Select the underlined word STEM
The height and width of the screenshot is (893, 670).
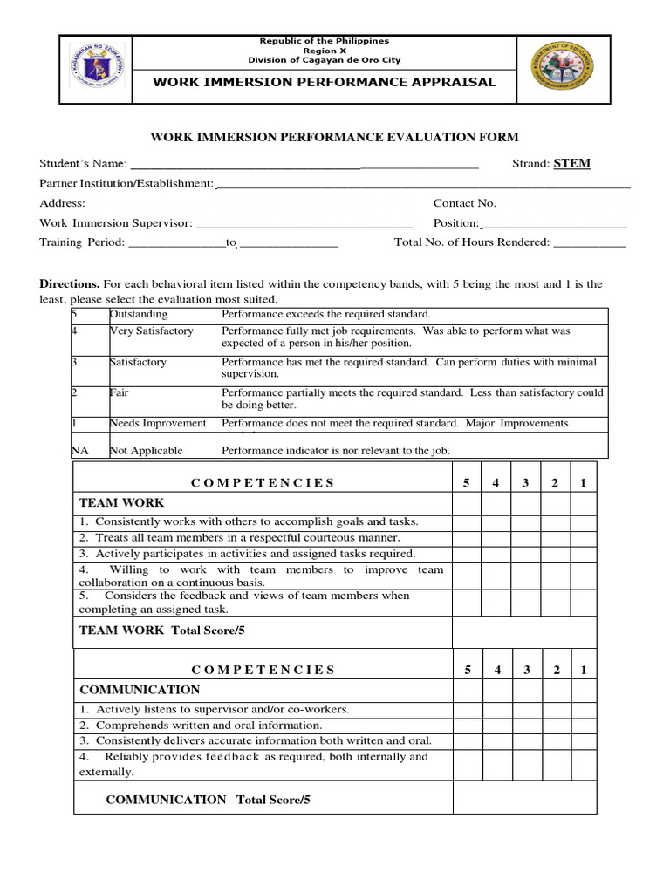pos(571,164)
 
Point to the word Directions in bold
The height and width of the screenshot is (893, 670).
pos(70,284)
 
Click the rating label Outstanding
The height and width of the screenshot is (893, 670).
pos(139,314)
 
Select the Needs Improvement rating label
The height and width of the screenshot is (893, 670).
pos(158,423)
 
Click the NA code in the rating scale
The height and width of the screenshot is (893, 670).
pos(79,451)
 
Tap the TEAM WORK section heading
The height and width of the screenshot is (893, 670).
pos(121,503)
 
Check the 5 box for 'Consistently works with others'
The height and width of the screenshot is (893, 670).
pos(467,521)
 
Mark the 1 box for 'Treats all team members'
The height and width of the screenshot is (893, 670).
pos(583,538)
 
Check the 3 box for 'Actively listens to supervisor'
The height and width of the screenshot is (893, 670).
pos(525,709)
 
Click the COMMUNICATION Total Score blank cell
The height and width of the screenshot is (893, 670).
pos(523,797)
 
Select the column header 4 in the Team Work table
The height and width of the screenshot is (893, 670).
pos(496,483)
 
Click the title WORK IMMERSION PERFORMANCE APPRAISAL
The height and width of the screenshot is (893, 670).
pos(325,82)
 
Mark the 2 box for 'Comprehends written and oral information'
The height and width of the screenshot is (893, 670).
pos(554,725)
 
